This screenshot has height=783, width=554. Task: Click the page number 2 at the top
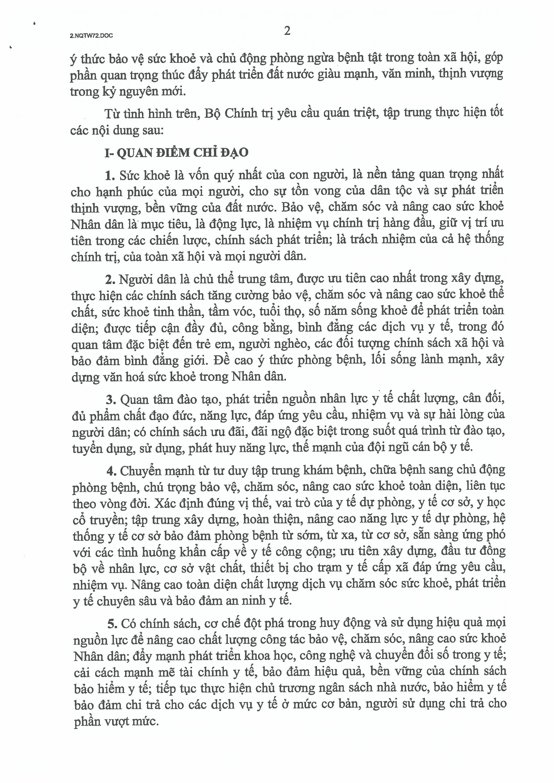pyautogui.click(x=287, y=31)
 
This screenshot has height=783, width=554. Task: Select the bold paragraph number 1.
pyautogui.click(x=110, y=176)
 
